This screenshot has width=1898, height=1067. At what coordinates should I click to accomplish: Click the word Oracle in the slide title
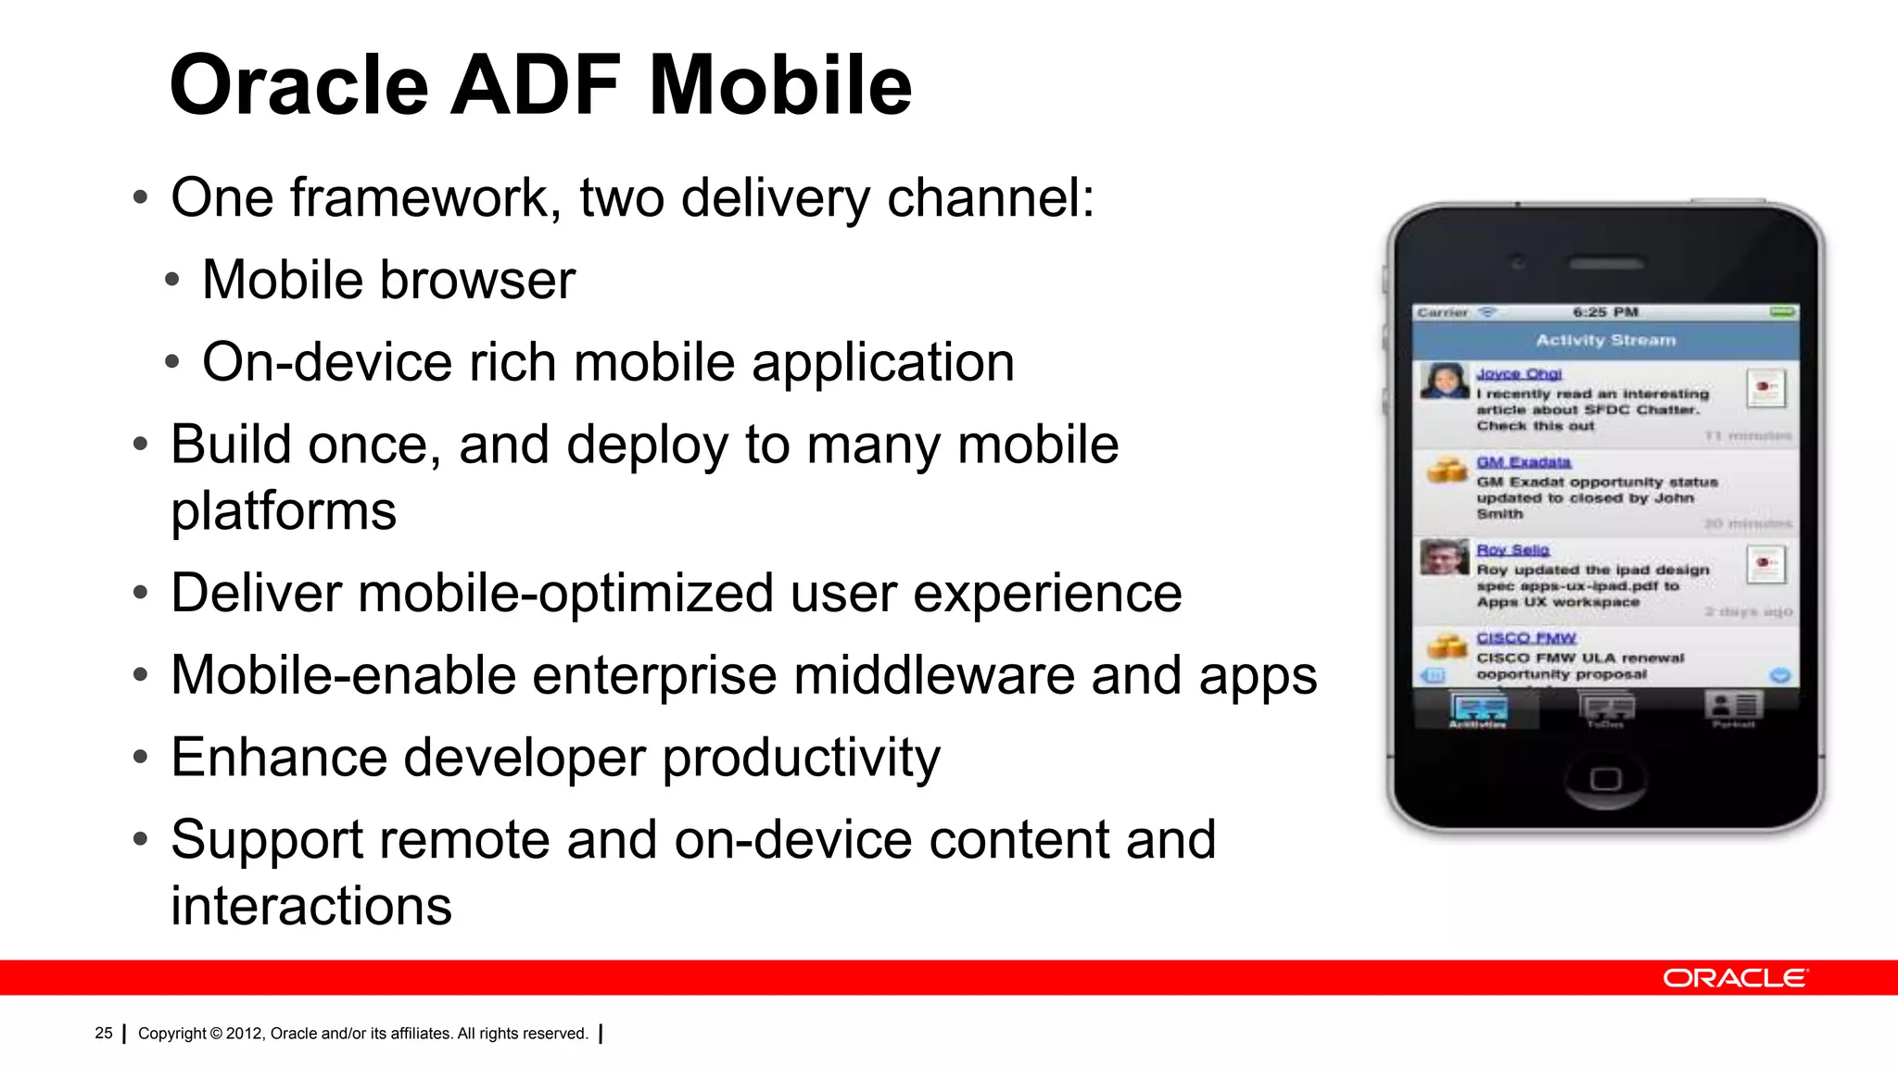(x=298, y=85)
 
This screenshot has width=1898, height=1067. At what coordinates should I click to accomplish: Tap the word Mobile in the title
(x=780, y=85)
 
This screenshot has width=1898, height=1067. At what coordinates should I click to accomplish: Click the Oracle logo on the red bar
(x=1734, y=978)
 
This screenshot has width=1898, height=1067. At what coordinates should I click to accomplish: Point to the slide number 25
(x=103, y=1033)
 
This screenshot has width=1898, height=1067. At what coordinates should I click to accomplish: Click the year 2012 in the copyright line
(x=245, y=1034)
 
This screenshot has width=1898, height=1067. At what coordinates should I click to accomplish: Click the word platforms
(x=284, y=510)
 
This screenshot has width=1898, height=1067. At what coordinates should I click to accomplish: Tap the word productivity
(x=801, y=758)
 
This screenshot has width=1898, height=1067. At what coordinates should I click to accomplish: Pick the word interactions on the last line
(x=311, y=906)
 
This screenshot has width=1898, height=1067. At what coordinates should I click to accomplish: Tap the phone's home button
(x=1605, y=778)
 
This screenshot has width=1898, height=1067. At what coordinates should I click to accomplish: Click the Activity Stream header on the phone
(x=1605, y=340)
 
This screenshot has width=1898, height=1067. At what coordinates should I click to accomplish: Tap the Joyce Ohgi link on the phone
(x=1518, y=374)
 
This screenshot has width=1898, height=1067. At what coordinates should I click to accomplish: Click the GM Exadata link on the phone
(x=1523, y=462)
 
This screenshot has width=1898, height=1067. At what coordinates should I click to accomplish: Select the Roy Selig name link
(x=1512, y=550)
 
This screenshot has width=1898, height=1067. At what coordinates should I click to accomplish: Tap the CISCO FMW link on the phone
(x=1525, y=638)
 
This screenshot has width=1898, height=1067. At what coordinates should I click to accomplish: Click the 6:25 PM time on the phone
(x=1605, y=312)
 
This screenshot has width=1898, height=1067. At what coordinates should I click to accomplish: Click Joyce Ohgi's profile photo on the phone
(x=1444, y=381)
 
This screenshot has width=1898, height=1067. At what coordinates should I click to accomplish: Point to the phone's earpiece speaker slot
(x=1605, y=264)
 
